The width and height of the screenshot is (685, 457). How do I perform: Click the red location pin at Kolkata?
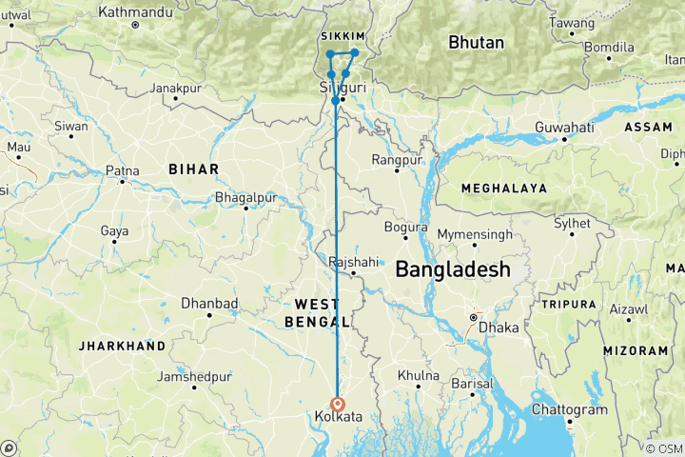tap(338, 403)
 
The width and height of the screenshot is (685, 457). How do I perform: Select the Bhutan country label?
tap(476, 43)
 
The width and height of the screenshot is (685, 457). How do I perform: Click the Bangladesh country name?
tap(452, 269)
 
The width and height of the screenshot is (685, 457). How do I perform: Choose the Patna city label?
tap(122, 171)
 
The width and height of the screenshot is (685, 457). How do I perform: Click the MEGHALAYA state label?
tap(503, 189)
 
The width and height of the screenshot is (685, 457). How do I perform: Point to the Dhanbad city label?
tap(208, 304)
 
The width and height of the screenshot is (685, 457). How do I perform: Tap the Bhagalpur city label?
tap(245, 197)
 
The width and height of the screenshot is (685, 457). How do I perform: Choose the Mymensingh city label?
tap(475, 234)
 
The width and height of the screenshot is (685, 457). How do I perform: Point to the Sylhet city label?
tap(574, 222)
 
